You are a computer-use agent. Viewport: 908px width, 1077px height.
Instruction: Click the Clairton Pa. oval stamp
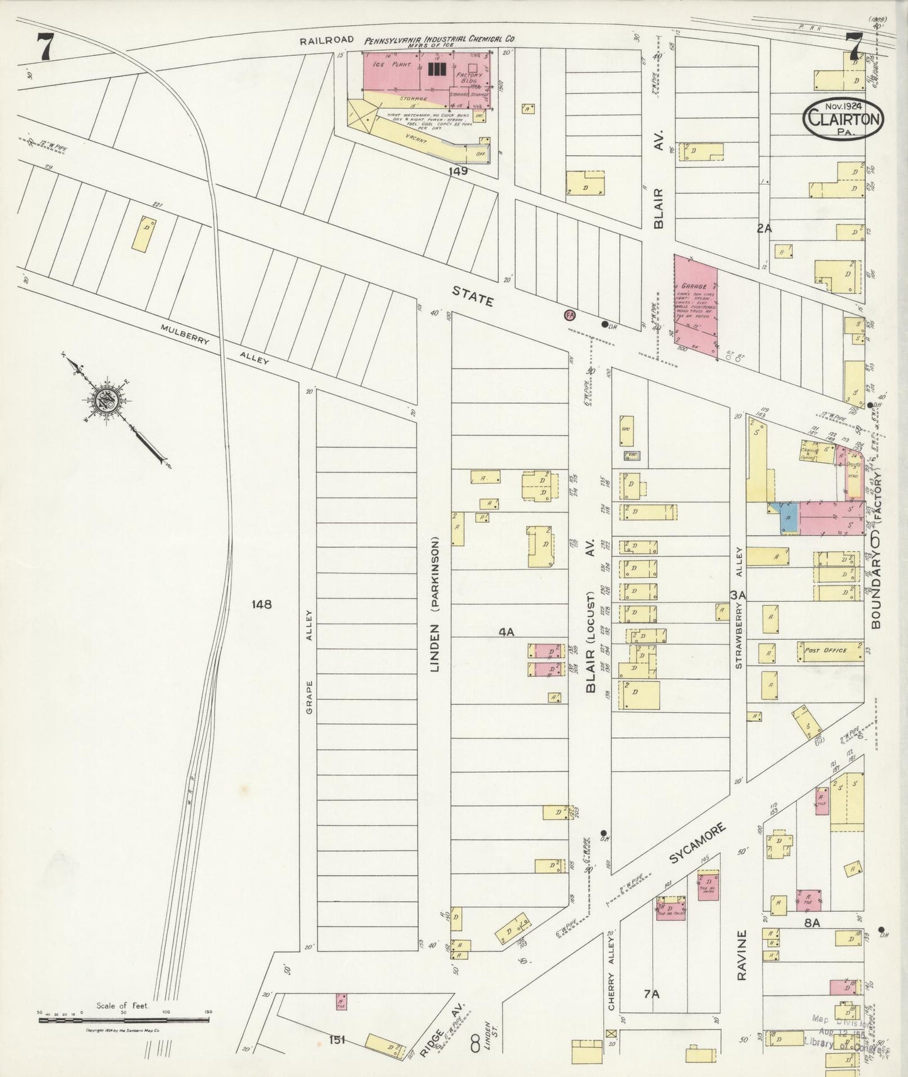(x=844, y=116)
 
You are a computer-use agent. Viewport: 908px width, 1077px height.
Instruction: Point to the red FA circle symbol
(x=570, y=315)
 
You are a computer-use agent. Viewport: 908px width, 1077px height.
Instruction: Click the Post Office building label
(x=825, y=650)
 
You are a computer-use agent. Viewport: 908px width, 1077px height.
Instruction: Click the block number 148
(x=261, y=604)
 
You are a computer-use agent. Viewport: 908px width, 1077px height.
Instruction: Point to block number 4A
(x=506, y=633)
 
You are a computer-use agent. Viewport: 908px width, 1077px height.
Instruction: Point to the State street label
(x=473, y=296)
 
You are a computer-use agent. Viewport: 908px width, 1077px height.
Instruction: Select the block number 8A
(x=812, y=923)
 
